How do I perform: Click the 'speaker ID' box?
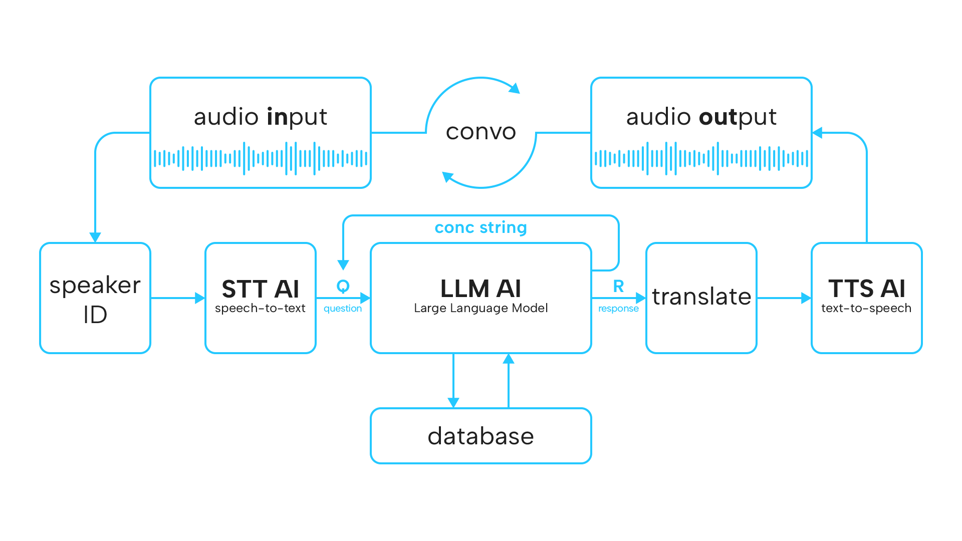click(x=95, y=299)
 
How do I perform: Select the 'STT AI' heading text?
click(x=260, y=289)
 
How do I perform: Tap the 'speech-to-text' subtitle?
click(x=260, y=308)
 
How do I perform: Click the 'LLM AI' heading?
click(x=480, y=289)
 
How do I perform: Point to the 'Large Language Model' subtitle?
click(x=480, y=308)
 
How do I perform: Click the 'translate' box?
click(x=701, y=298)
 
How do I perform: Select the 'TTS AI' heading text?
click(x=866, y=289)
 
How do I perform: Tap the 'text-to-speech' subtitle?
click(x=866, y=308)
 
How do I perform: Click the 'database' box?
click(x=480, y=436)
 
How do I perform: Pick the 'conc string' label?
click(x=480, y=228)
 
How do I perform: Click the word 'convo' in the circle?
click(x=480, y=132)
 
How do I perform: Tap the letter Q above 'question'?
click(x=343, y=286)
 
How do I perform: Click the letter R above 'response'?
click(x=618, y=286)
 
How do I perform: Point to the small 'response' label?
click(x=618, y=309)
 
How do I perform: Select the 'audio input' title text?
click(x=260, y=117)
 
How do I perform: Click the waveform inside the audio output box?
click(x=701, y=158)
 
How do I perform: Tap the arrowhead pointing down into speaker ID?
click(x=95, y=237)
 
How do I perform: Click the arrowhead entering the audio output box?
click(x=817, y=133)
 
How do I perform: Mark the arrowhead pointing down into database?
click(x=453, y=402)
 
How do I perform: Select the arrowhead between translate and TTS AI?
click(x=806, y=298)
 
